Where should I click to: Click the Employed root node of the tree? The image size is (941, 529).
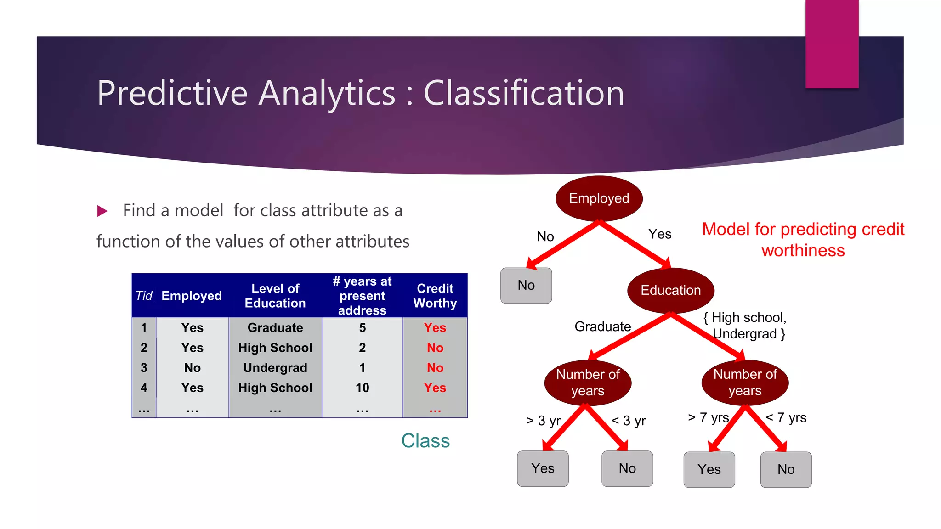(x=599, y=198)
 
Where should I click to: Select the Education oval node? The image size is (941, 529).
(x=670, y=290)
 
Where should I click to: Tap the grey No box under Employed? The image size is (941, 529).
(x=526, y=285)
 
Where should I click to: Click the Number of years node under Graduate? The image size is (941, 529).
(x=588, y=383)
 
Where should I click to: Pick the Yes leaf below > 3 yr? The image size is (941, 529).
(x=543, y=468)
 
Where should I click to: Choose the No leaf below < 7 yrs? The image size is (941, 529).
(x=786, y=469)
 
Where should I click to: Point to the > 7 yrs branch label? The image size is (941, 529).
(x=708, y=417)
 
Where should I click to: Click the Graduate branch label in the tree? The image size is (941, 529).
(x=602, y=326)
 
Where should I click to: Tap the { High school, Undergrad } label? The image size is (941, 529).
(x=745, y=326)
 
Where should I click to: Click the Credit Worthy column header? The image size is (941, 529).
(x=435, y=296)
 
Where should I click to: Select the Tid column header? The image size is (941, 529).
(x=144, y=296)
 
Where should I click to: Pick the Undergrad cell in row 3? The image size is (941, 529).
(x=275, y=368)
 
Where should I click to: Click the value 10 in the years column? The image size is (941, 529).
(x=362, y=388)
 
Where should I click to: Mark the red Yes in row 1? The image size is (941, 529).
(x=435, y=328)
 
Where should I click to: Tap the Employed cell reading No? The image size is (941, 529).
(x=192, y=368)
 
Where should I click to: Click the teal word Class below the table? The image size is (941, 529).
(x=425, y=441)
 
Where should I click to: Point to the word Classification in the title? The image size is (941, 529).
(x=524, y=93)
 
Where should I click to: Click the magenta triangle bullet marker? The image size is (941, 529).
(x=102, y=211)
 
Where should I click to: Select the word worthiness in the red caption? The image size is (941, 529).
(x=803, y=251)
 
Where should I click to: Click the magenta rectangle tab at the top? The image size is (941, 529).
(x=832, y=44)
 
